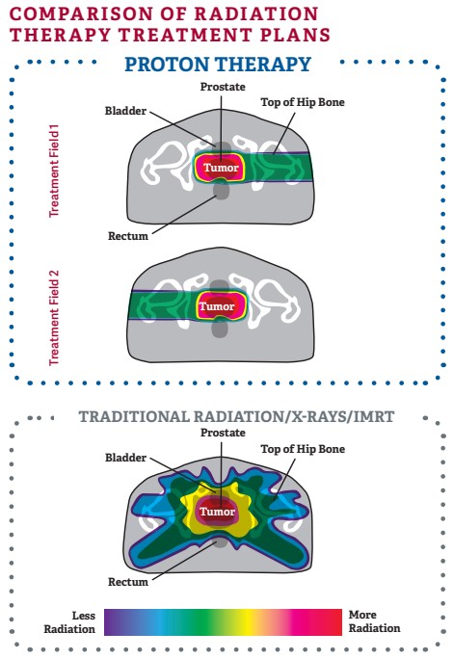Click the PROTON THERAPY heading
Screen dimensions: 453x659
(x=218, y=65)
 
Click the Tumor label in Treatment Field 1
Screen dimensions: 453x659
(x=222, y=168)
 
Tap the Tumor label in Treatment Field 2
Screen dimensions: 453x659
(x=217, y=306)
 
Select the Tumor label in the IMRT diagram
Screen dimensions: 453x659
(x=217, y=512)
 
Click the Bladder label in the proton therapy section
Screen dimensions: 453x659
(x=125, y=111)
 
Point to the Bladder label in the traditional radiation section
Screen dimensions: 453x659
(x=125, y=458)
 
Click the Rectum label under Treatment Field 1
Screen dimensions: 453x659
(x=128, y=236)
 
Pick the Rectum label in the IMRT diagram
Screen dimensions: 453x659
(x=128, y=582)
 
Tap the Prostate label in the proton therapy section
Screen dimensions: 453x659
(x=223, y=87)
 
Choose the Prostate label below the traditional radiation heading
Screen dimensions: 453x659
(x=223, y=433)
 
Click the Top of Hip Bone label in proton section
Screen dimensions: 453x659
(x=303, y=102)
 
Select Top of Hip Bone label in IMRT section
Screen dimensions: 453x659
(x=303, y=449)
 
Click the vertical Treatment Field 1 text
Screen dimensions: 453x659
(x=53, y=171)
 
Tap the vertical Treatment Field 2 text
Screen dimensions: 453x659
(x=53, y=318)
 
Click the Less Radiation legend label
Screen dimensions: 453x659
(x=69, y=622)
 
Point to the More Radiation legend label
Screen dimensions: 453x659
(x=374, y=621)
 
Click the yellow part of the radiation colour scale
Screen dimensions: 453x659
(x=245, y=622)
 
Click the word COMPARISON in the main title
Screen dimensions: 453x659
(x=77, y=13)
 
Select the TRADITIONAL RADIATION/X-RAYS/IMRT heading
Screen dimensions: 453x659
(x=236, y=417)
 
